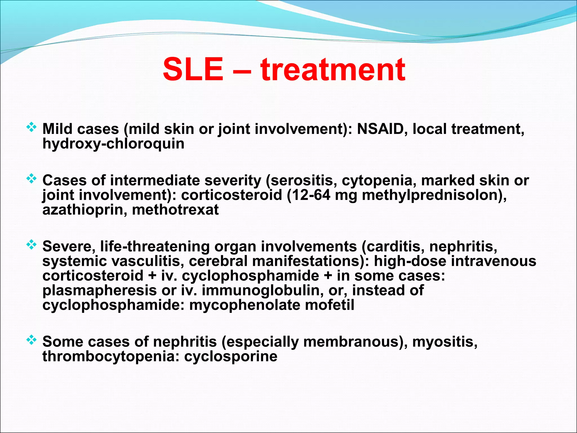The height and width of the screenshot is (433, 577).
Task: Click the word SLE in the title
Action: click(193, 69)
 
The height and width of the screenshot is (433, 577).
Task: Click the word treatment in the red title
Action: click(333, 69)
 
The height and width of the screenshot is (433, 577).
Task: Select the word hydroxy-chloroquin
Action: click(113, 144)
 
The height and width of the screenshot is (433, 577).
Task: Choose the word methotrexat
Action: click(175, 210)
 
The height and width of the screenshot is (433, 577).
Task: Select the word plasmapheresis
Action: click(99, 290)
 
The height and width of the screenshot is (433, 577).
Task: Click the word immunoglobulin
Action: click(263, 290)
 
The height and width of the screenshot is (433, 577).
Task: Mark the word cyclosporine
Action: click(231, 356)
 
